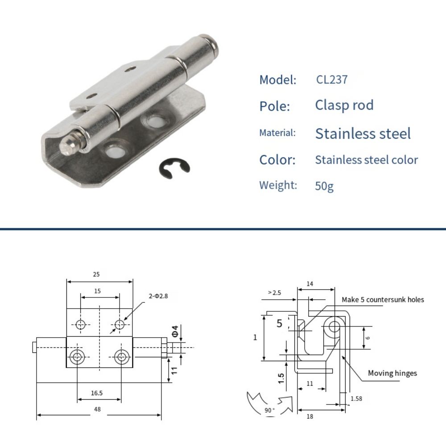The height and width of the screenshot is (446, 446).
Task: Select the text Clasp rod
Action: coord(344,105)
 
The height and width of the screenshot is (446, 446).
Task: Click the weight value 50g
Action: coord(324,186)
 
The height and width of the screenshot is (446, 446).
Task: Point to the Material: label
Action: coord(277,133)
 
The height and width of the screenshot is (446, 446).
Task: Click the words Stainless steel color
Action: coord(366,160)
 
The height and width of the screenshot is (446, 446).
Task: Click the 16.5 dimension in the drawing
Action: coord(96,392)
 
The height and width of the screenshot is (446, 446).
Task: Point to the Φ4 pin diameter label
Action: coord(176,332)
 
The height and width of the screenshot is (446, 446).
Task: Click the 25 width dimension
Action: coord(96,274)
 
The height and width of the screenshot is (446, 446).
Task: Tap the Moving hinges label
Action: coord(392,373)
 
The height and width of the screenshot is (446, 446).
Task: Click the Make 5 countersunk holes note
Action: coord(383,300)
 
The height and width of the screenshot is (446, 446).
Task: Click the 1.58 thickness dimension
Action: coord(356,398)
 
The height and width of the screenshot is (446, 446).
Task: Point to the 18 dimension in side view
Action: coord(310,417)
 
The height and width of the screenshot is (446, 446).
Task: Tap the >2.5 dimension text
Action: coord(274,293)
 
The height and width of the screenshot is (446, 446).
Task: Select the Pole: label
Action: coord(275,107)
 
